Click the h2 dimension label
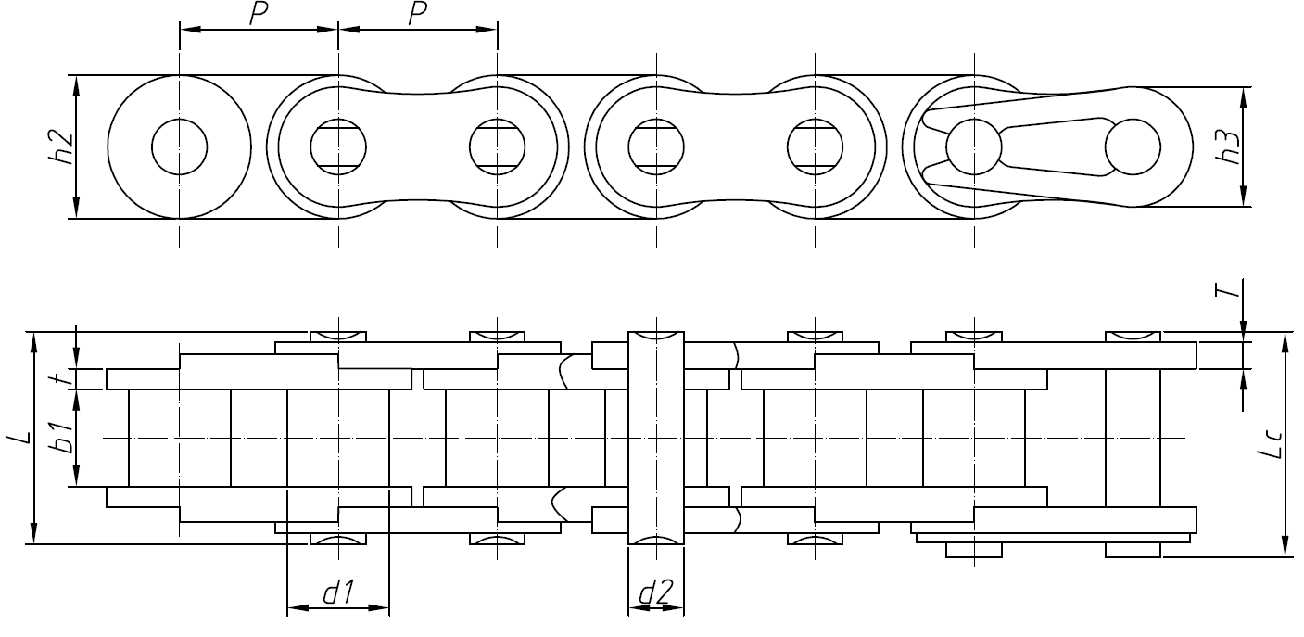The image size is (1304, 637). click(x=60, y=147)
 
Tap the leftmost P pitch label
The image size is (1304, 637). click(x=260, y=14)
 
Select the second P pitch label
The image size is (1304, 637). click(x=419, y=14)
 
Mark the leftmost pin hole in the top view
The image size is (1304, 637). click(x=180, y=147)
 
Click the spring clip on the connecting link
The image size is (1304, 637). click(x=1019, y=147)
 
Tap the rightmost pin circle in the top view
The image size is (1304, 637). click(x=1133, y=147)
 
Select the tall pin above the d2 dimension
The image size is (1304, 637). click(x=656, y=436)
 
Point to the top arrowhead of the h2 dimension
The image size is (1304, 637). click(x=76, y=83)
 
